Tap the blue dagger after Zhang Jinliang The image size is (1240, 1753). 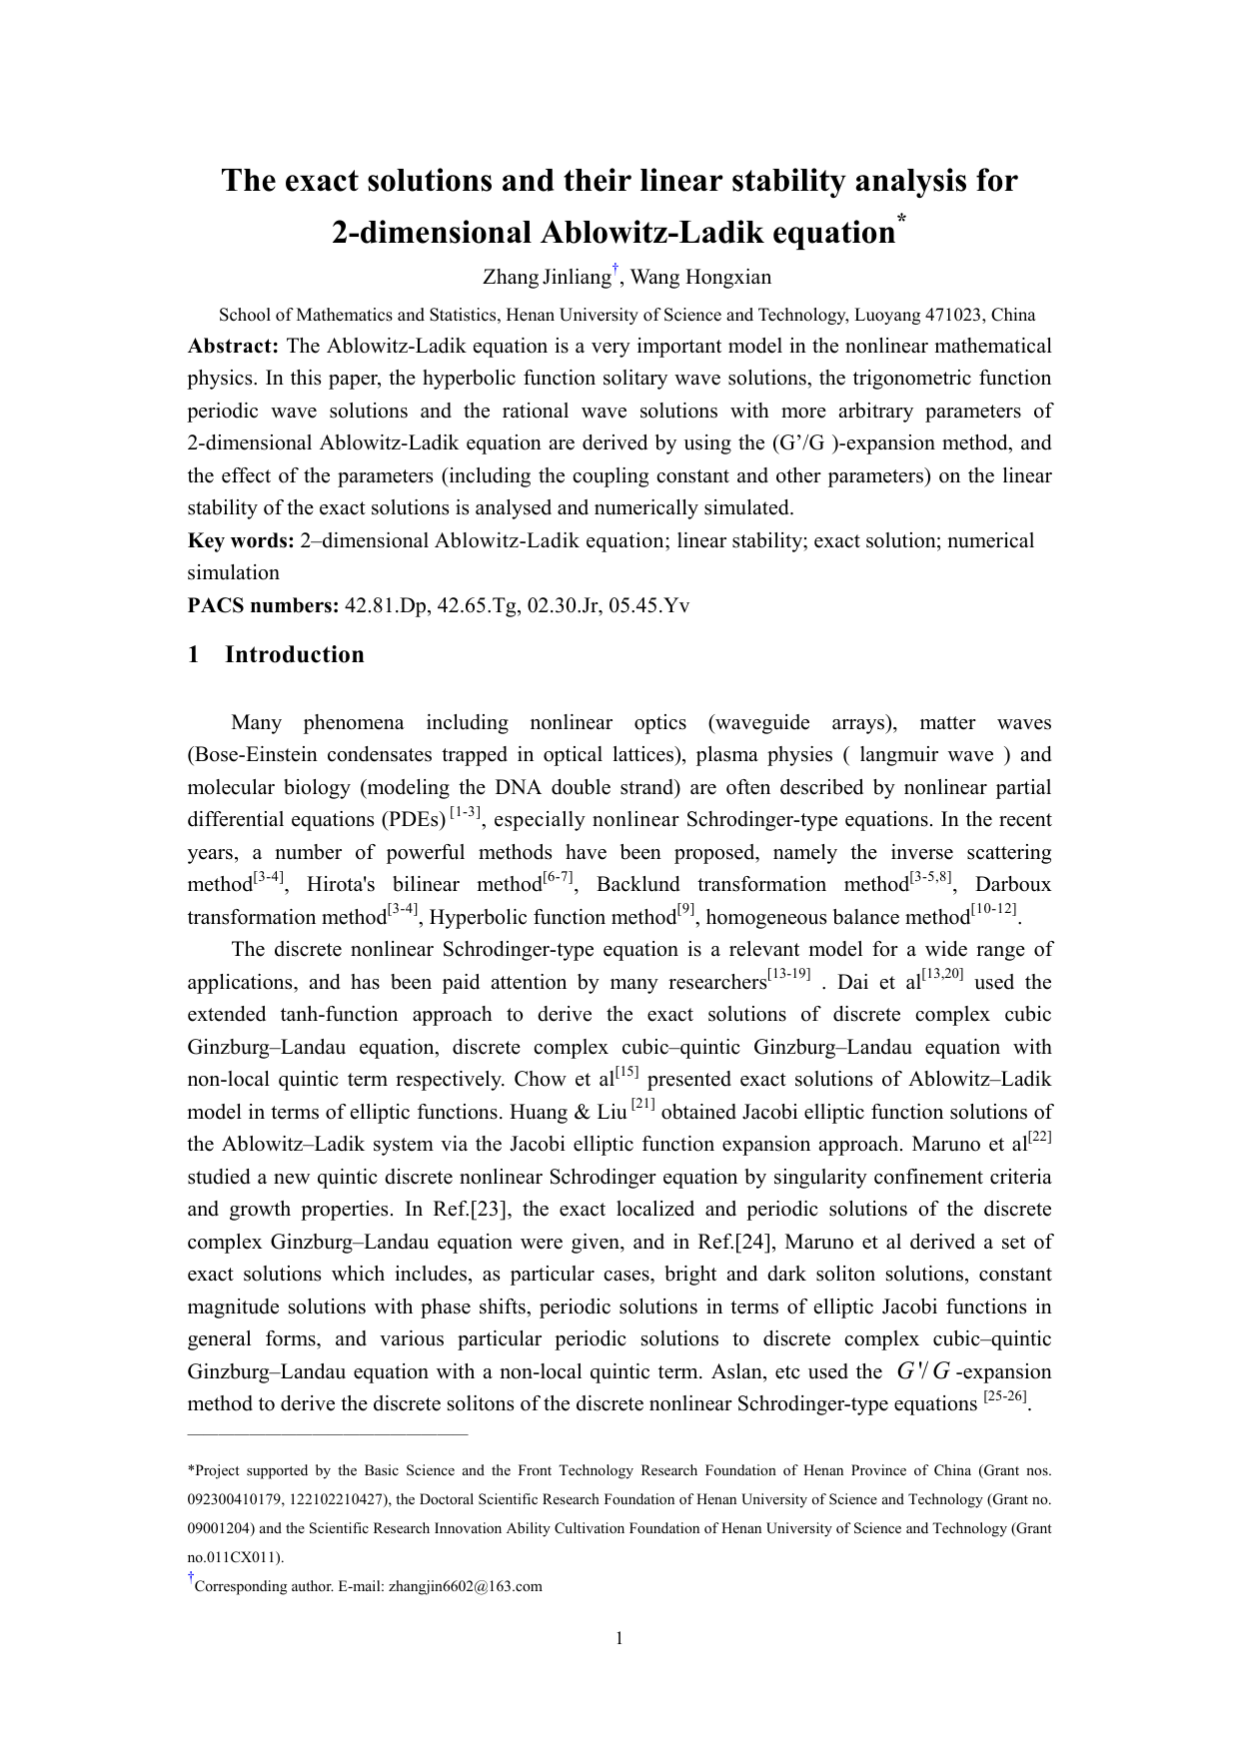point(617,268)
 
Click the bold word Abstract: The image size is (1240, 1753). point(233,346)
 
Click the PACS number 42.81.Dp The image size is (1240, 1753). point(385,605)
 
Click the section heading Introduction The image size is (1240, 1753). point(294,654)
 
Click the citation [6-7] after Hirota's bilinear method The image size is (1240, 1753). point(557,877)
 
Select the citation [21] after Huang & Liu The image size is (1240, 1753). point(643,1104)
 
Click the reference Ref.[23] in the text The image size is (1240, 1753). point(473,1209)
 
